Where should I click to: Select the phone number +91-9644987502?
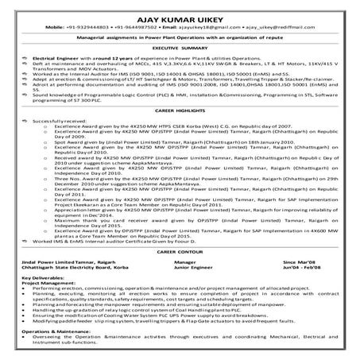148,26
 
